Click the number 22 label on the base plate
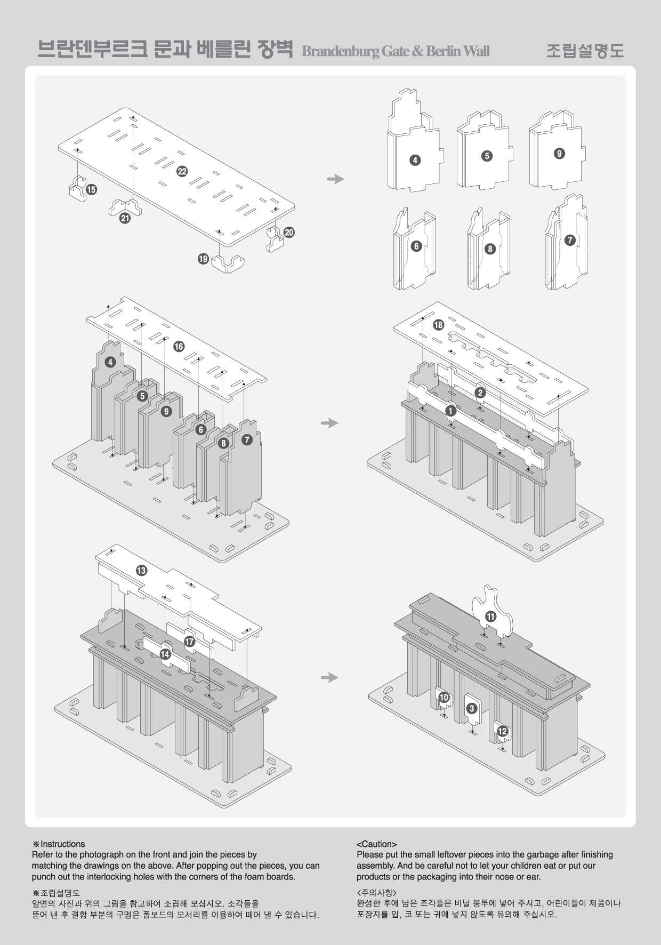click(x=182, y=171)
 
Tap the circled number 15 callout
click(x=91, y=189)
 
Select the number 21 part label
click(x=125, y=218)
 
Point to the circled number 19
click(x=203, y=259)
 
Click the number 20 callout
click(x=289, y=233)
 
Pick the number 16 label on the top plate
click(x=179, y=347)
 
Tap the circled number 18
click(x=439, y=325)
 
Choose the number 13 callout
click(x=141, y=571)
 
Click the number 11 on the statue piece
click(x=490, y=616)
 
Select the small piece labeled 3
click(x=471, y=709)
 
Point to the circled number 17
click(x=190, y=642)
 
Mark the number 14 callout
click(x=165, y=654)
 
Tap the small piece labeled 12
click(x=502, y=732)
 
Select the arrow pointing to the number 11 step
click(x=330, y=677)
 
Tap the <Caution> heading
click(x=376, y=844)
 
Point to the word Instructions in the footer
click(x=62, y=844)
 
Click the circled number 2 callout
click(x=480, y=393)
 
